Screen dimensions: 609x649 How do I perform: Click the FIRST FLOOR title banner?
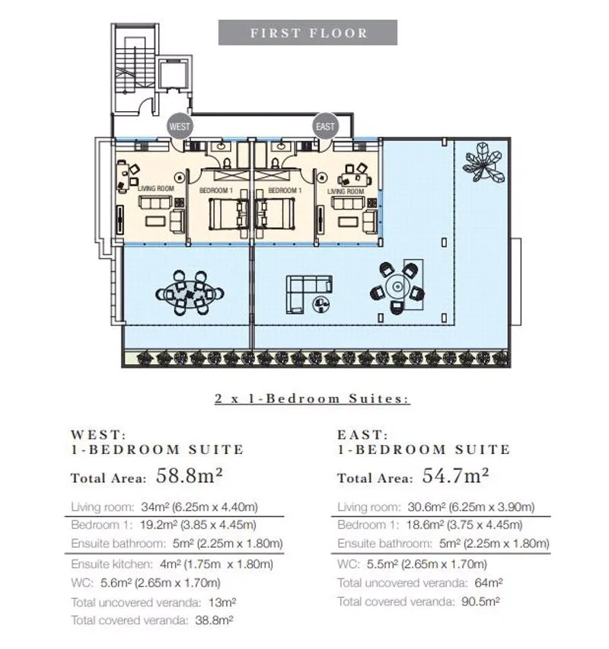pos(308,32)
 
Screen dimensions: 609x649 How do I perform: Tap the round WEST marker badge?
pos(179,126)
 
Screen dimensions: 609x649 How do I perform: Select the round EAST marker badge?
pos(325,126)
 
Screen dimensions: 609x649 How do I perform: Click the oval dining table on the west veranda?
pos(190,293)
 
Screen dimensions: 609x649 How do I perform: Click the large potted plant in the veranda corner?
pos(483,161)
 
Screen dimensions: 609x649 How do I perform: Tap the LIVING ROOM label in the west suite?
pos(155,188)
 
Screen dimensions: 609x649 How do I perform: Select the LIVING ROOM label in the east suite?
pos(346,191)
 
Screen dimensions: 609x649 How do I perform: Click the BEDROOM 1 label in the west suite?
pos(216,190)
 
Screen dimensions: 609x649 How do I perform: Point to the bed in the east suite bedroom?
pos(276,213)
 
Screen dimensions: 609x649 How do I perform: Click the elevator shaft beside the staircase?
pos(174,75)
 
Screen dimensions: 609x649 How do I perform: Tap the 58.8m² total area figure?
pos(189,476)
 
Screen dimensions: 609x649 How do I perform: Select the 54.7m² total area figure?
pos(455,476)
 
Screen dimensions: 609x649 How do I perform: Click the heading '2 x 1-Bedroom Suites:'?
pos(312,398)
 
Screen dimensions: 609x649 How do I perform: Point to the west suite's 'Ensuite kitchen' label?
pos(112,564)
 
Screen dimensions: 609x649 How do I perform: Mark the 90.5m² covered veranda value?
pos(480,601)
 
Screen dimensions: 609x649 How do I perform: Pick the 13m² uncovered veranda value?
pos(222,602)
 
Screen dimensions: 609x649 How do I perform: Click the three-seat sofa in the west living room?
pos(155,203)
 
